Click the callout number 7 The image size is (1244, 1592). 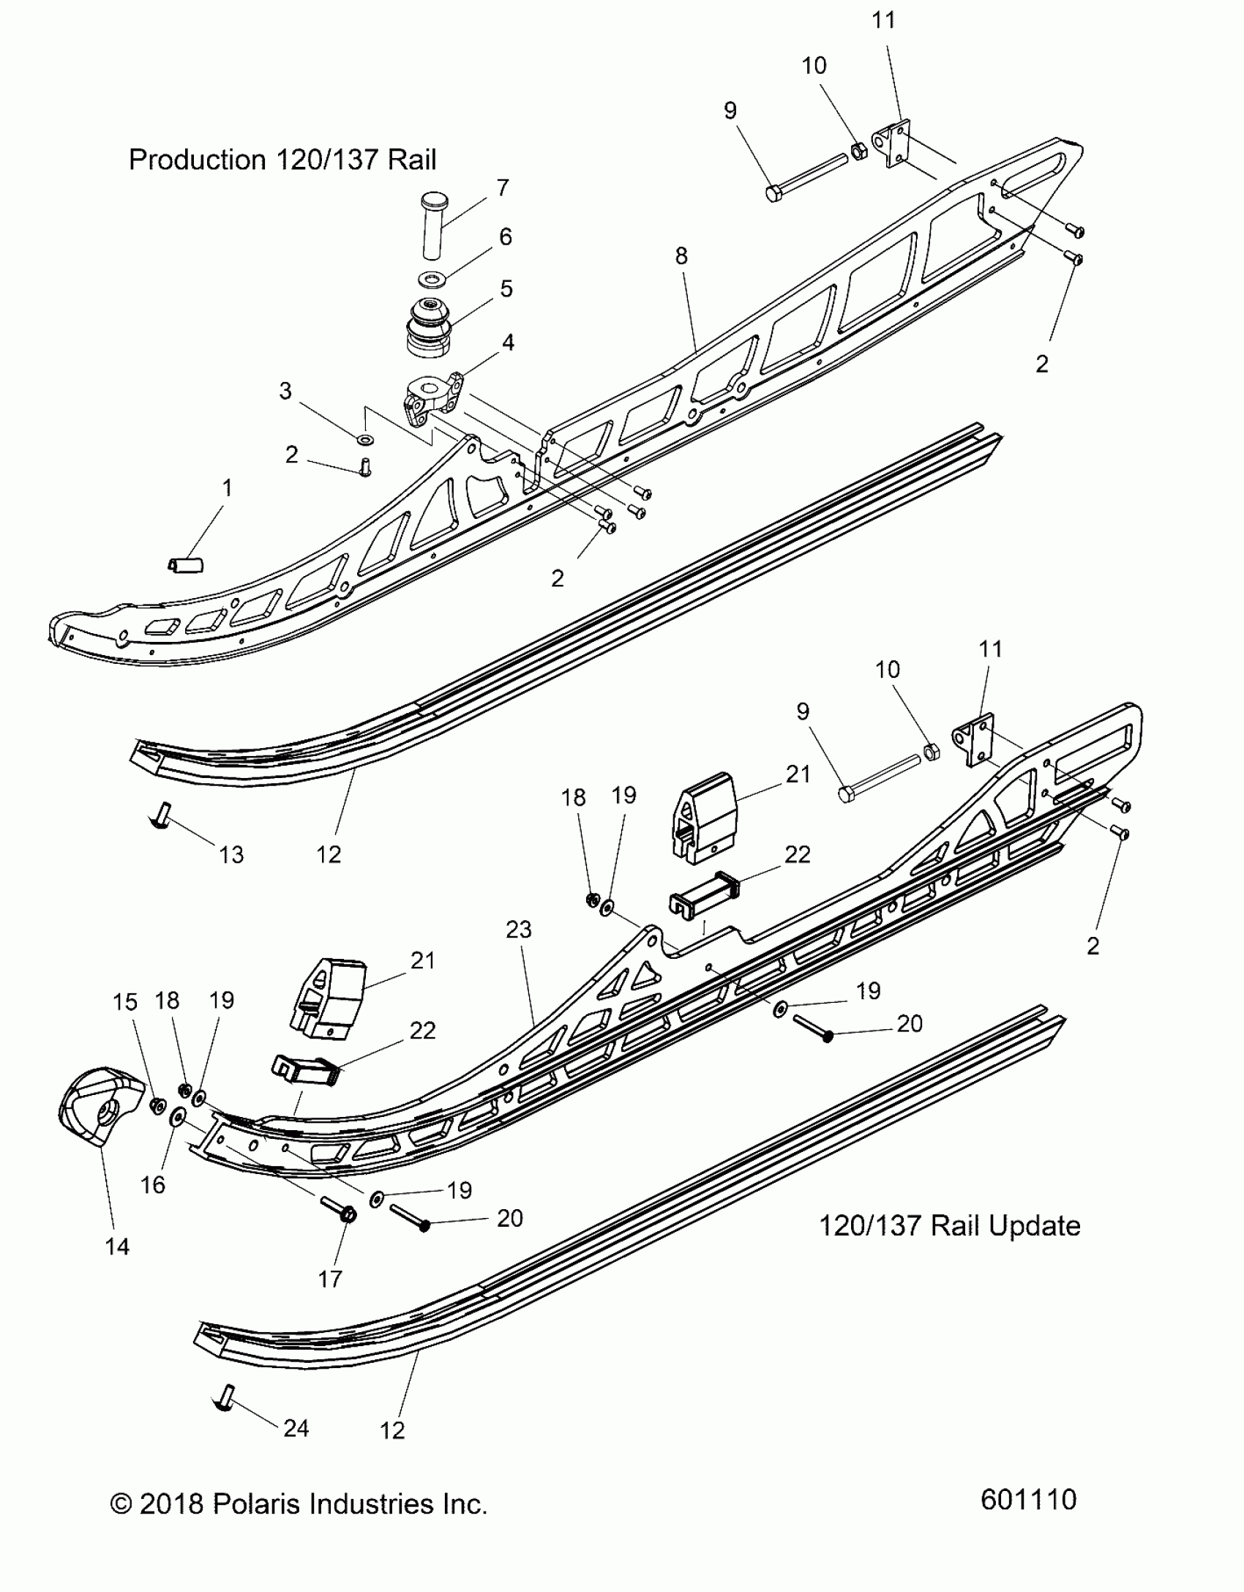pos(502,188)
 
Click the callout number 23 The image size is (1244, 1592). pos(518,930)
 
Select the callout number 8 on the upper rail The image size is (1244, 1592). pos(681,255)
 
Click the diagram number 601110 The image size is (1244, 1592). pos(1028,1499)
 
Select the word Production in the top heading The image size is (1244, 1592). pos(197,160)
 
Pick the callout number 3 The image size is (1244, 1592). pos(285,391)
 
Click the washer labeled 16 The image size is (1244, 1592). pos(176,1138)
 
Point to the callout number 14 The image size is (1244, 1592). pos(117,1246)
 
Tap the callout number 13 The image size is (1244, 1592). pos(231,854)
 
